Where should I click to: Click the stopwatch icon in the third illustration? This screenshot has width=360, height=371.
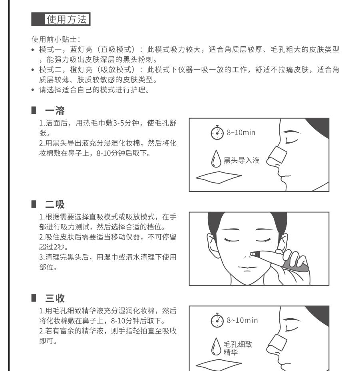217,321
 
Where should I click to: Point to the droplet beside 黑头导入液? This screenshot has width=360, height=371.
217,162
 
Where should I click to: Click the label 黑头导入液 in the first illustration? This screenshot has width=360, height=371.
241,161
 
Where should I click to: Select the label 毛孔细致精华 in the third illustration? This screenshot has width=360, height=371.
239,348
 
